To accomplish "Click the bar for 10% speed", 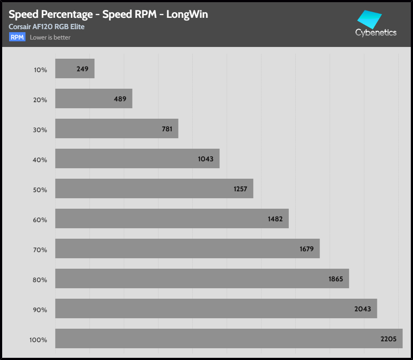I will (75, 69).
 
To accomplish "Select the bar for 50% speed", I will (154, 189).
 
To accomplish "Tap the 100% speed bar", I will (229, 338).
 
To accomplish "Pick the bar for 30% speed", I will (117, 129).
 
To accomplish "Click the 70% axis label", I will (40, 250).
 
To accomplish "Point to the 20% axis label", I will (40, 100).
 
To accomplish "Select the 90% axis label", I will (40, 310).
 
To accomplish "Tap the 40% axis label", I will (40, 160).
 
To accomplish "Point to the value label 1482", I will (275, 219).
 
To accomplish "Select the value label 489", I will (120, 99).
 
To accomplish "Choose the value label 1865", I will (335, 279).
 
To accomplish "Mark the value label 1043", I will (205, 159).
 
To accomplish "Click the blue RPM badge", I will (17, 37).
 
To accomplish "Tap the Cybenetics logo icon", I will (369, 19).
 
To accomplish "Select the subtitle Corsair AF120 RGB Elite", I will (46, 27).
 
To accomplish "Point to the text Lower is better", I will (50, 37).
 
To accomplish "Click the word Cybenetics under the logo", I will (376, 33).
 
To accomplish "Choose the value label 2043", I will (362, 309).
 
